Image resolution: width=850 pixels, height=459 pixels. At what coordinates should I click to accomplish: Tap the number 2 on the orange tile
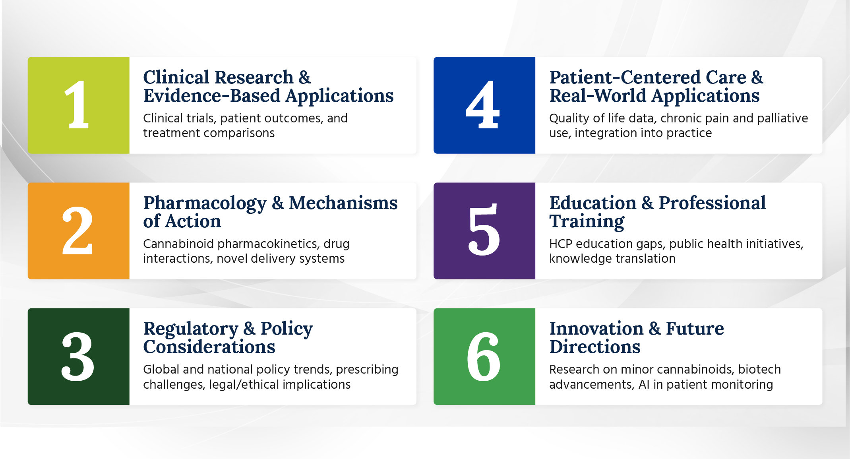[x=77, y=230]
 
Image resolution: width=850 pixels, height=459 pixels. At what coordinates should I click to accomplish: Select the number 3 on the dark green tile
[x=78, y=356]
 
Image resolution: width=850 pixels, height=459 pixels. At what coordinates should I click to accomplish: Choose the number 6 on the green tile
[x=484, y=356]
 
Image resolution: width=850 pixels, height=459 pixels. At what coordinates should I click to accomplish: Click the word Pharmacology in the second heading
[x=205, y=204]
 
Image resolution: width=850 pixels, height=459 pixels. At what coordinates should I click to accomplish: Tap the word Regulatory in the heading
[x=191, y=329]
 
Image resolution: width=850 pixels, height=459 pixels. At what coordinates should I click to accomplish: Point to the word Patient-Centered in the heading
[x=625, y=77]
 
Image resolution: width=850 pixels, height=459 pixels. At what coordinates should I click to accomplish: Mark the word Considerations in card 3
[x=209, y=347]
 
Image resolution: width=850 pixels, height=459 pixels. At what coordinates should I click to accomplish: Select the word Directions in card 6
[x=595, y=347]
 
